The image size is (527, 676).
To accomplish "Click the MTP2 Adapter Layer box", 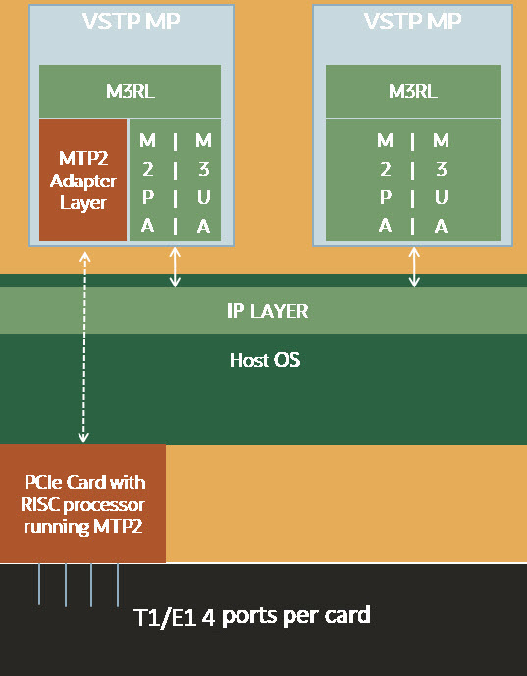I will (x=83, y=181).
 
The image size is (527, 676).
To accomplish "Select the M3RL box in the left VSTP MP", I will (x=130, y=91).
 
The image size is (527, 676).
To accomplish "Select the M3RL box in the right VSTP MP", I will (x=413, y=91).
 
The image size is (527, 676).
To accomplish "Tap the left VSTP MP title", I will (x=132, y=21).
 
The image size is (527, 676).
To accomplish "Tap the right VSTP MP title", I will (x=413, y=21).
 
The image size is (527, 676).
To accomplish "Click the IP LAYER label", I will (x=262, y=311).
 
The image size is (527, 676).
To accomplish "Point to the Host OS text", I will (x=264, y=360).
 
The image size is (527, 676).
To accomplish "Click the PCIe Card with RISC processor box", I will (x=84, y=503).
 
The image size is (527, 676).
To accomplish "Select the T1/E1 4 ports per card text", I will (x=252, y=616).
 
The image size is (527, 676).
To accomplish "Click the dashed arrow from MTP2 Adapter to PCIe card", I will (x=84, y=343).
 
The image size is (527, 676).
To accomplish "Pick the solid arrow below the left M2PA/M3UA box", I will (x=176, y=266).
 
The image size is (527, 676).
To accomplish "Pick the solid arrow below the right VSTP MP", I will (x=414, y=266).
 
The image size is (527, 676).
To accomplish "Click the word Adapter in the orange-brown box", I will (x=83, y=181).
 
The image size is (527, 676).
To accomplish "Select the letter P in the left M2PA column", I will (x=146, y=196).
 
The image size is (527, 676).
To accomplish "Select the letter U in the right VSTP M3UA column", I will (x=442, y=196).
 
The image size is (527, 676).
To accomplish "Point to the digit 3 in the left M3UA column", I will (x=203, y=168).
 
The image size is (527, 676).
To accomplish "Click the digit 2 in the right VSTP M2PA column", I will (x=385, y=168).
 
